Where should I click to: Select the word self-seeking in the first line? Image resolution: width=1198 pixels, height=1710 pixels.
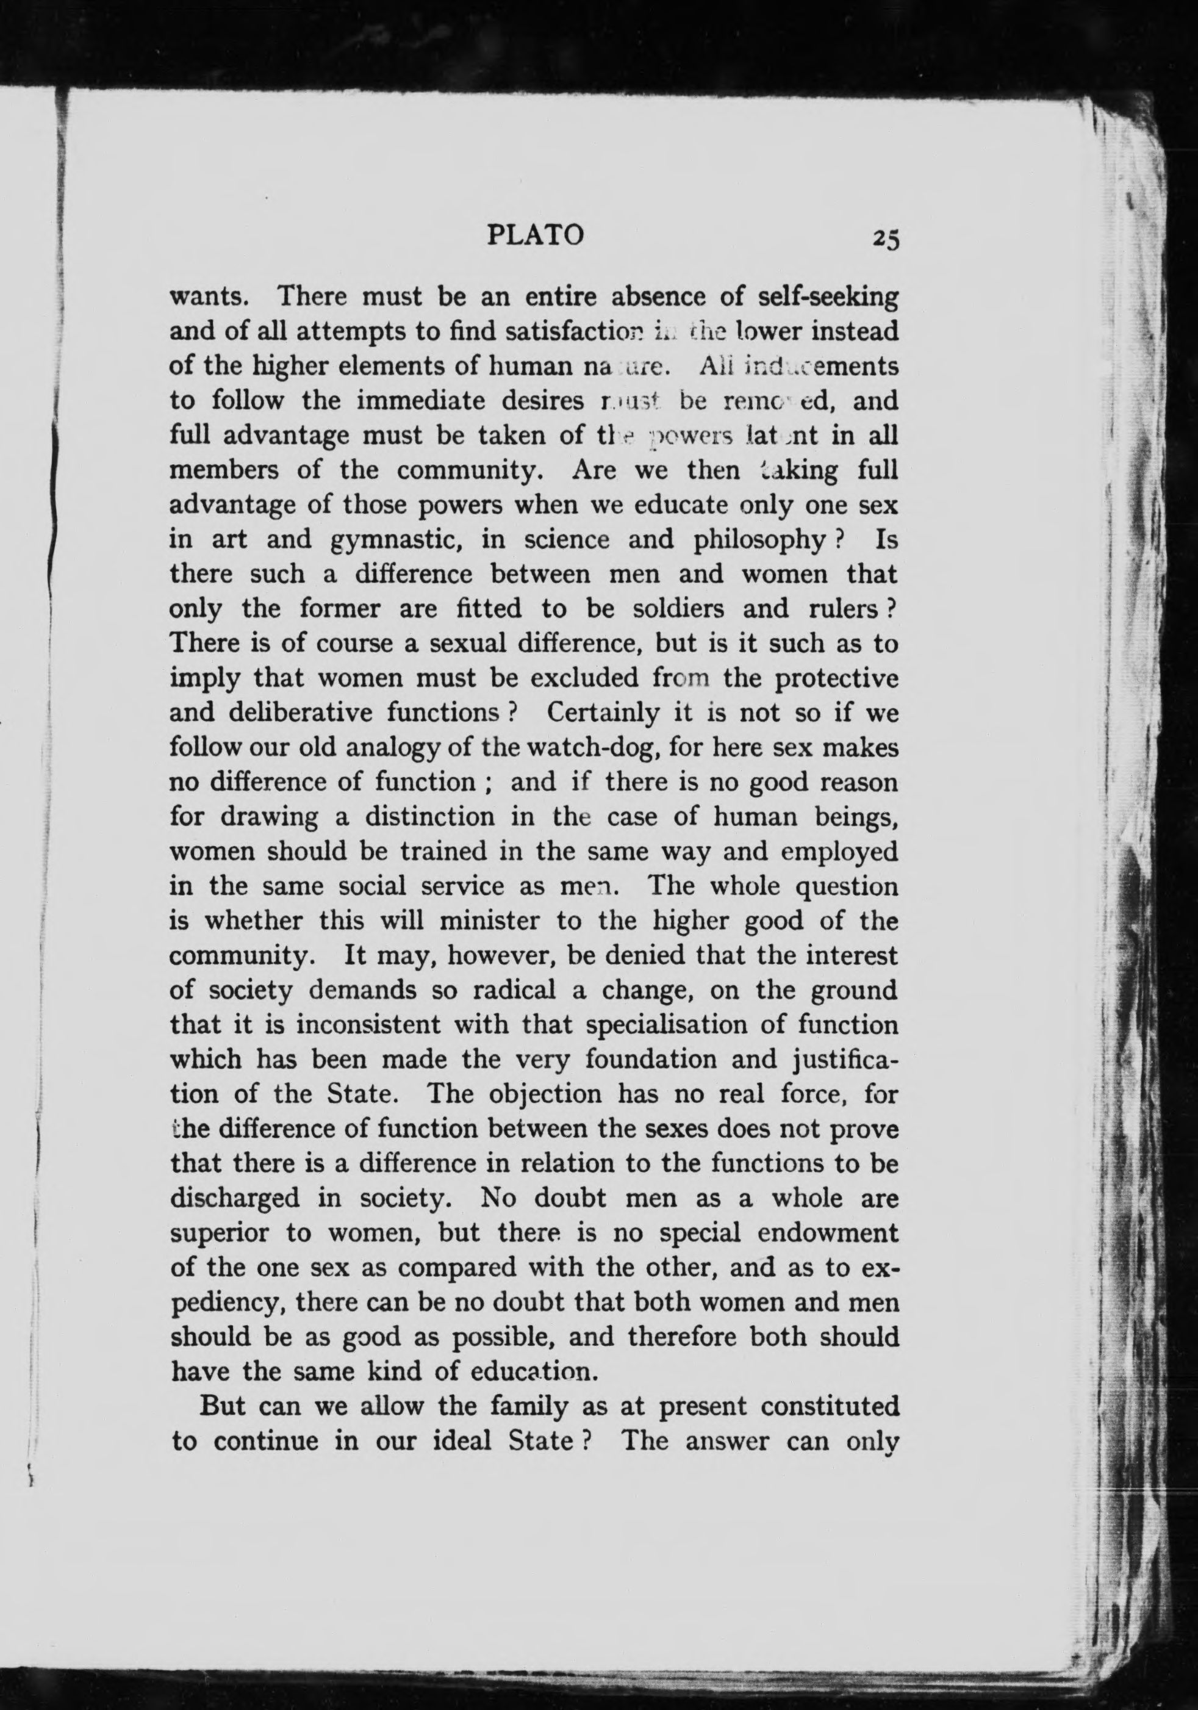[827, 297]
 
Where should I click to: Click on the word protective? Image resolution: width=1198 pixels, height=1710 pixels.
[836, 679]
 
